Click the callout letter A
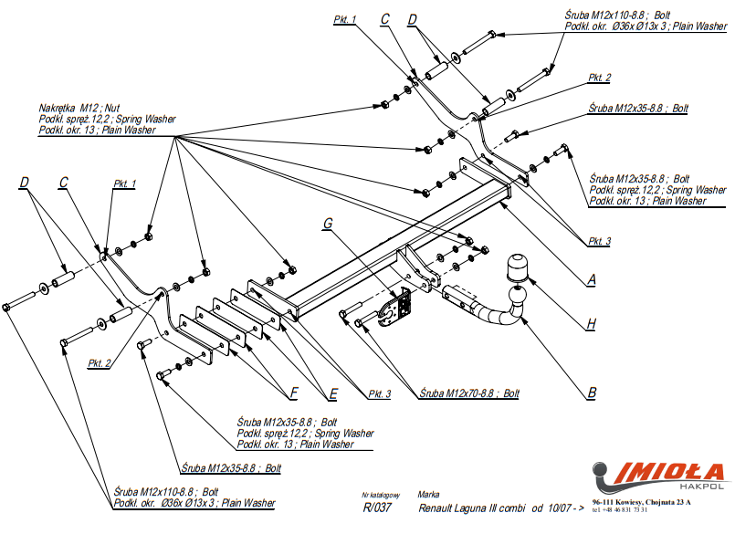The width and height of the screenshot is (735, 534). click(591, 281)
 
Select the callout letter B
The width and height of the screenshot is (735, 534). click(592, 393)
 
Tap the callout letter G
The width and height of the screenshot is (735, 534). click(328, 222)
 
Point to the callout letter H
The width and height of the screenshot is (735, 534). click(592, 323)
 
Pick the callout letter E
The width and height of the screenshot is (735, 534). click(334, 393)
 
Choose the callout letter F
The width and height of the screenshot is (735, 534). click(294, 393)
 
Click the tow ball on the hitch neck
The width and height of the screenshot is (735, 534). click(518, 267)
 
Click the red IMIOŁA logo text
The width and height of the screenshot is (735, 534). click(671, 472)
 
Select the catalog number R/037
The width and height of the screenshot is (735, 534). click(376, 508)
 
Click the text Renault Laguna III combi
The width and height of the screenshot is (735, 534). click(472, 508)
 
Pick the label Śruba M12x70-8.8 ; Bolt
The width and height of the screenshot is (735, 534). click(469, 393)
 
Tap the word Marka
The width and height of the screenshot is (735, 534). click(428, 494)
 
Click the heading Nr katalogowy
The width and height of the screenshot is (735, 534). click(380, 494)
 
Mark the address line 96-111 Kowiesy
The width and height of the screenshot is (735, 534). click(641, 502)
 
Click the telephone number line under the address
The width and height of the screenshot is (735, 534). click(622, 510)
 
